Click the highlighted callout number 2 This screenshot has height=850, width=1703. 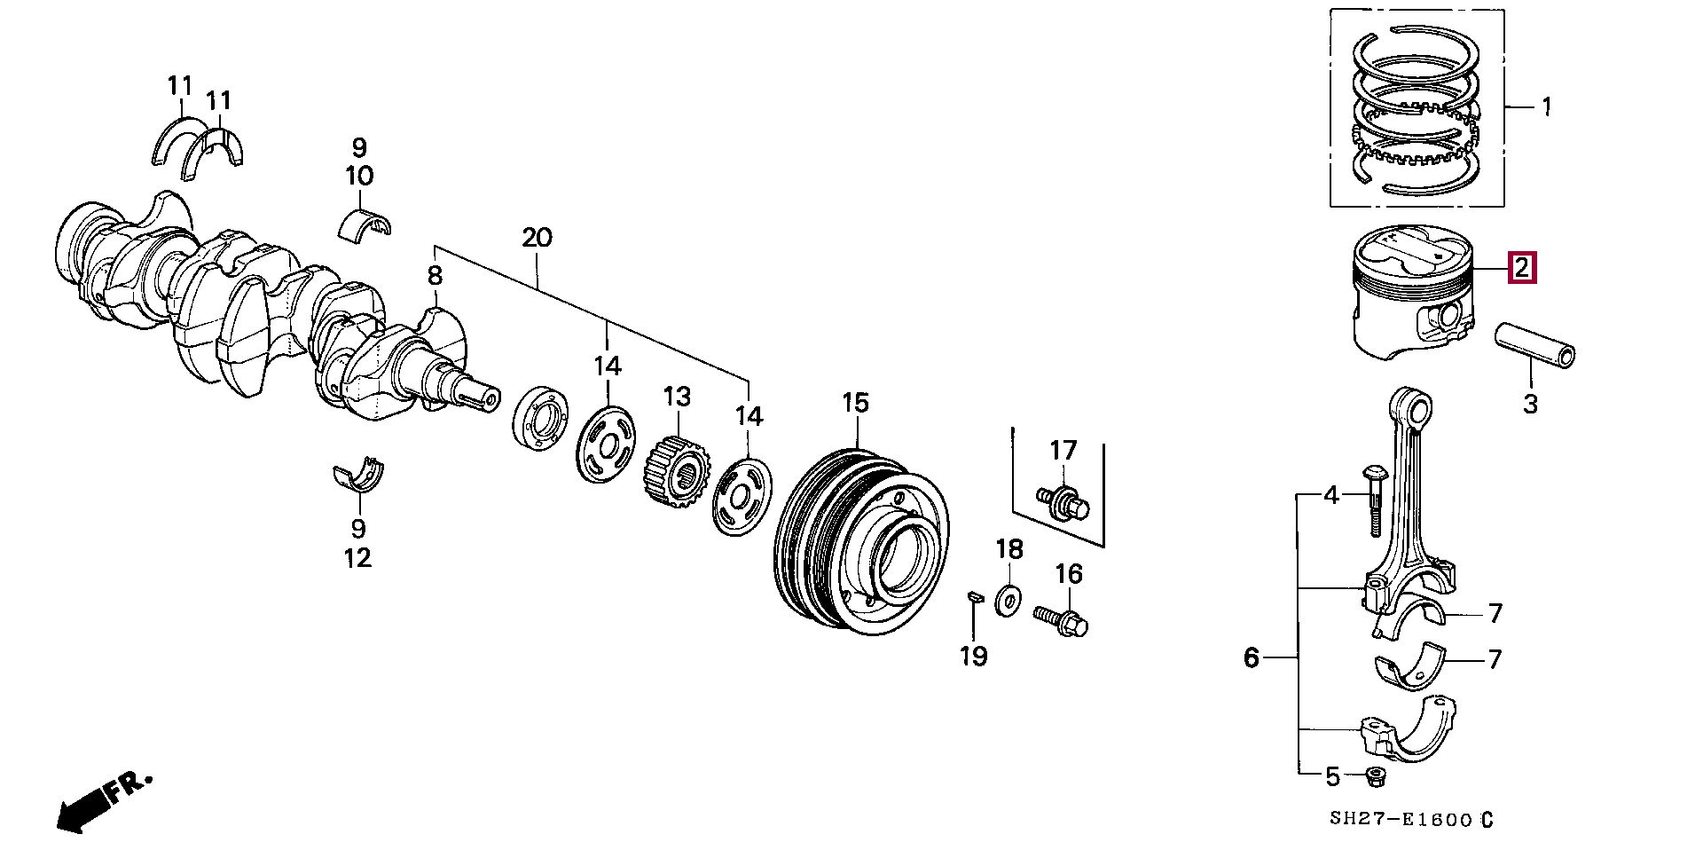(x=1522, y=268)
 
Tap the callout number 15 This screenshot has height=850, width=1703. (x=856, y=404)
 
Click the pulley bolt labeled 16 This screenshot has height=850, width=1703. (x=1061, y=619)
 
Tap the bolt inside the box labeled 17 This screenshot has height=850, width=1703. (x=1062, y=501)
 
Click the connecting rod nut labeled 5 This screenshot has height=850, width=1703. (x=1376, y=777)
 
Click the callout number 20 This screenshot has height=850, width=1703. (x=537, y=238)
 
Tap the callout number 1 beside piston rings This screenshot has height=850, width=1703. (x=1547, y=107)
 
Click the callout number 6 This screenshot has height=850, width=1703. (x=1251, y=657)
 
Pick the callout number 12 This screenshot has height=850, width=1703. (x=357, y=558)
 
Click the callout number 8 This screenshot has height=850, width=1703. (x=434, y=276)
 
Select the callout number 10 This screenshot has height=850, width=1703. (x=359, y=176)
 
